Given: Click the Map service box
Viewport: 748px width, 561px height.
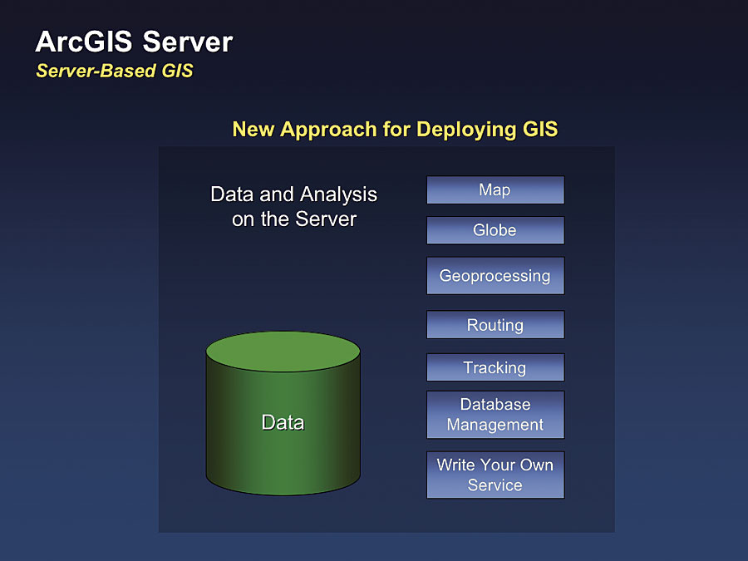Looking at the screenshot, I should point(495,190).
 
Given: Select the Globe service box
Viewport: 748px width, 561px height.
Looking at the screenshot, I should point(495,230).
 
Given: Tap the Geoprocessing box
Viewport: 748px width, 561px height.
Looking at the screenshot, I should point(495,275).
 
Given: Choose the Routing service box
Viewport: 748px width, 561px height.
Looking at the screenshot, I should point(495,325).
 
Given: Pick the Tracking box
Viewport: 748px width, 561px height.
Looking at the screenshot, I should point(495,367).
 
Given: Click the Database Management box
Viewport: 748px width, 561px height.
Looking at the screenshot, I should point(495,414).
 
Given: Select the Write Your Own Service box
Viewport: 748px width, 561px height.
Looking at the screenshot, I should point(495,475).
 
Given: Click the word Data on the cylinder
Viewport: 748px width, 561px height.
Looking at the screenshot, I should point(283,422).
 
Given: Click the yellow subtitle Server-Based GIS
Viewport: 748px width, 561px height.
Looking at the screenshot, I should point(114,71).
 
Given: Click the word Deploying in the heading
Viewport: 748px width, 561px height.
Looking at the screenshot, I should point(468,130).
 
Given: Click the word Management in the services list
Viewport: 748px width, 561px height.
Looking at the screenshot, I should point(495,425).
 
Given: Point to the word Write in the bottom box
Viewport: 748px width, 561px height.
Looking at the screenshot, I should point(455,465).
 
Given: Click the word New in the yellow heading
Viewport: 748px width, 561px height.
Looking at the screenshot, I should point(253,130).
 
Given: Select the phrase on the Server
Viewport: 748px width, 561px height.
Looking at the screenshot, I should point(294,219).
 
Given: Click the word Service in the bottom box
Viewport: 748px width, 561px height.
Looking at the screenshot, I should point(495,485).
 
